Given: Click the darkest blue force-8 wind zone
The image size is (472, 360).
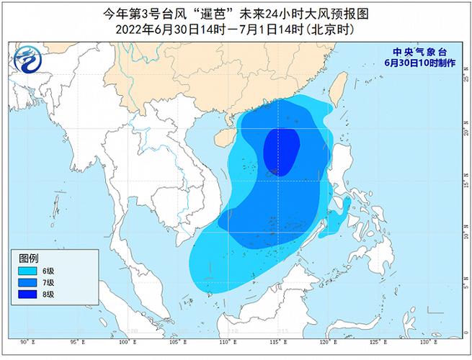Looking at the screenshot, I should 281,151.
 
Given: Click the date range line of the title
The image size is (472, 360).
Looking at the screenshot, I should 236,30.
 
